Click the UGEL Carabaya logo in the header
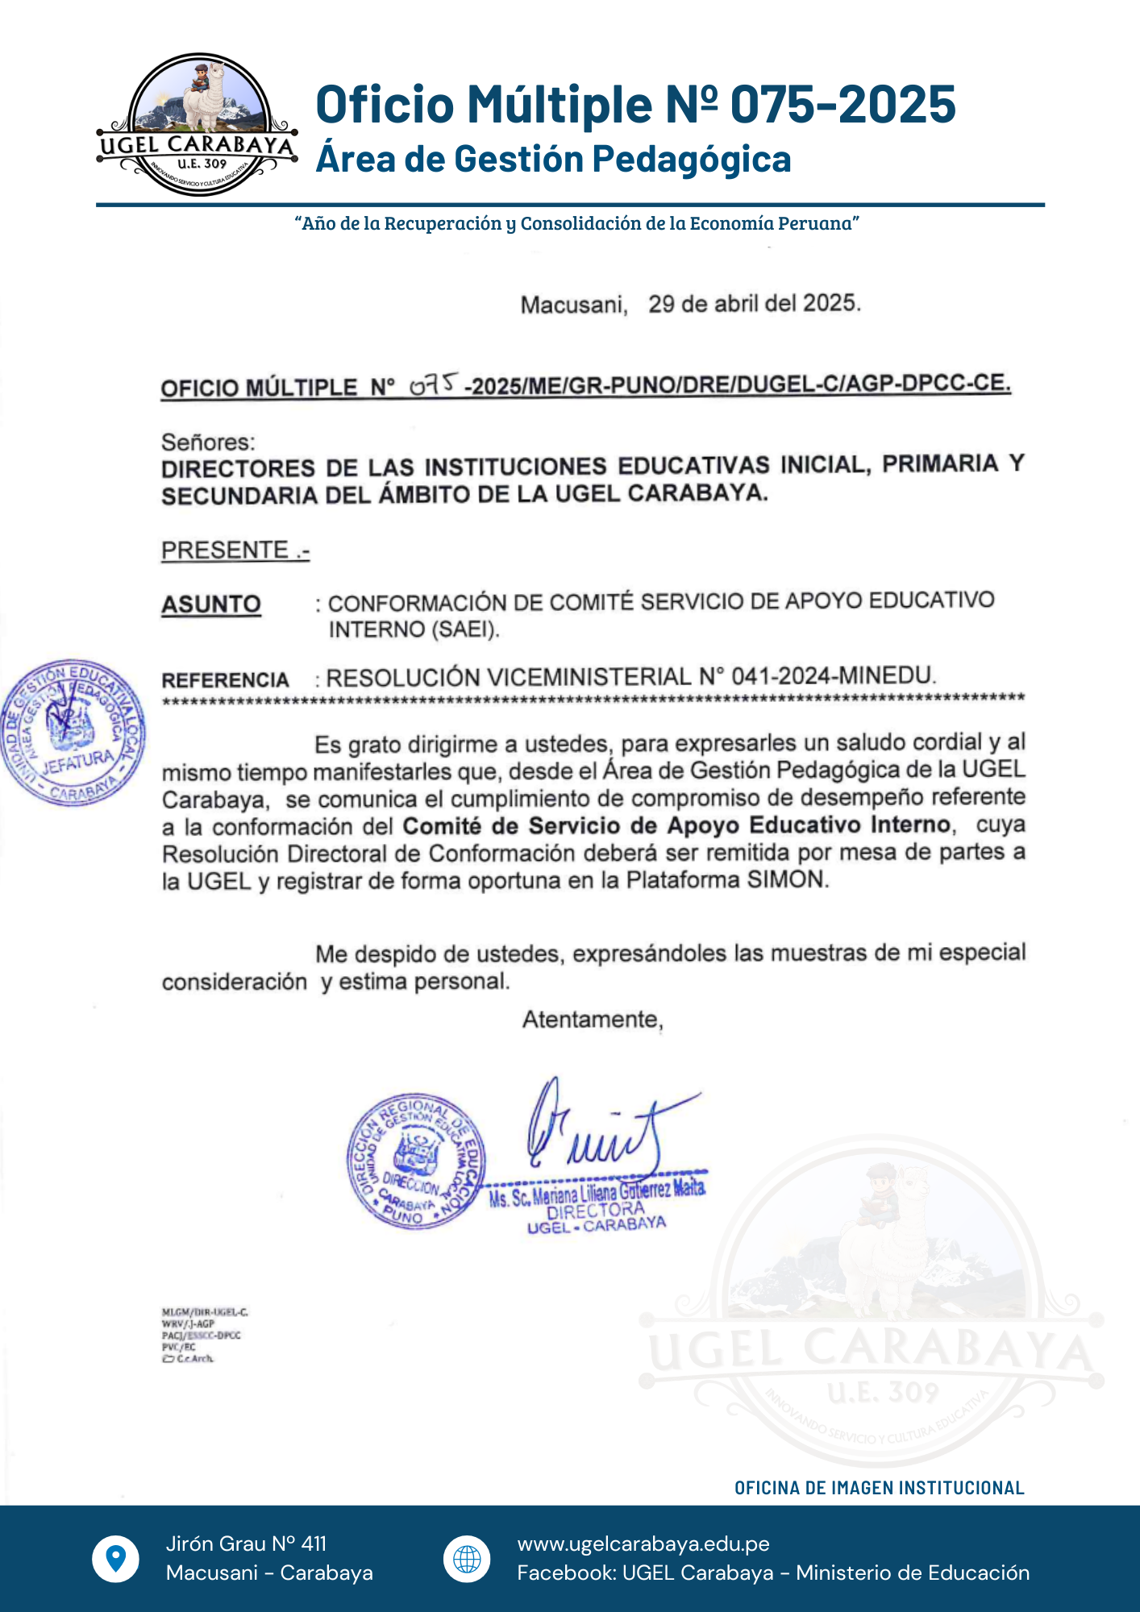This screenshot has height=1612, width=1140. pyautogui.click(x=198, y=125)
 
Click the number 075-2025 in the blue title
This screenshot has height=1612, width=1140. pyautogui.click(x=843, y=104)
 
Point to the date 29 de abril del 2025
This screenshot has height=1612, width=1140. pyautogui.click(x=754, y=303)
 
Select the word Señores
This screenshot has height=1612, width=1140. pyautogui.click(x=208, y=442)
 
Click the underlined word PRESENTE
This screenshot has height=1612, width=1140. pyautogui.click(x=225, y=550)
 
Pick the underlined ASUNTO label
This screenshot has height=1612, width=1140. pyautogui.click(x=211, y=604)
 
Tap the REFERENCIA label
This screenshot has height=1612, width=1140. pyautogui.click(x=225, y=680)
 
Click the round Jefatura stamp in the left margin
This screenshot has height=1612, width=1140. pyautogui.click(x=73, y=733)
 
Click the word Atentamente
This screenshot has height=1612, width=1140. pyautogui.click(x=592, y=1020)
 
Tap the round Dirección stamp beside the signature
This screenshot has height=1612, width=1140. pyautogui.click(x=415, y=1161)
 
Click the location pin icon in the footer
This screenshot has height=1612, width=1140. pyautogui.click(x=116, y=1558)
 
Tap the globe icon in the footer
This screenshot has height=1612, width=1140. pyautogui.click(x=467, y=1558)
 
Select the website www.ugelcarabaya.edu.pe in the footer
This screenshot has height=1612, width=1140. pyautogui.click(x=643, y=1543)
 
